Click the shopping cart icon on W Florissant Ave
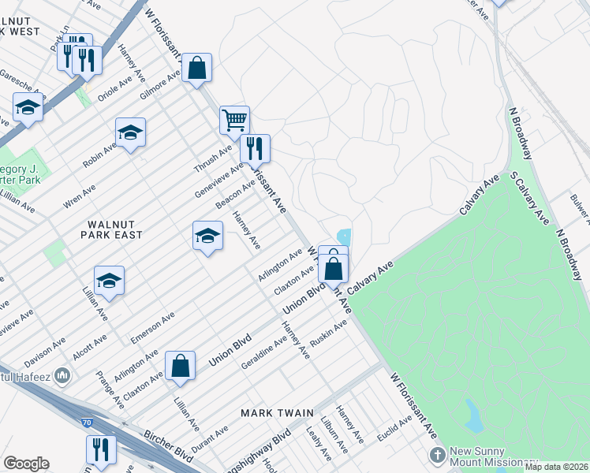click(234, 120)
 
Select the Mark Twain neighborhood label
click(278, 413)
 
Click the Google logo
click(26, 464)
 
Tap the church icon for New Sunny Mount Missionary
click(438, 455)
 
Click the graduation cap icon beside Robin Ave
click(130, 132)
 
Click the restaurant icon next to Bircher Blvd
click(101, 449)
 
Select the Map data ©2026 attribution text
click(556, 467)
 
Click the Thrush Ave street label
click(214, 158)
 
